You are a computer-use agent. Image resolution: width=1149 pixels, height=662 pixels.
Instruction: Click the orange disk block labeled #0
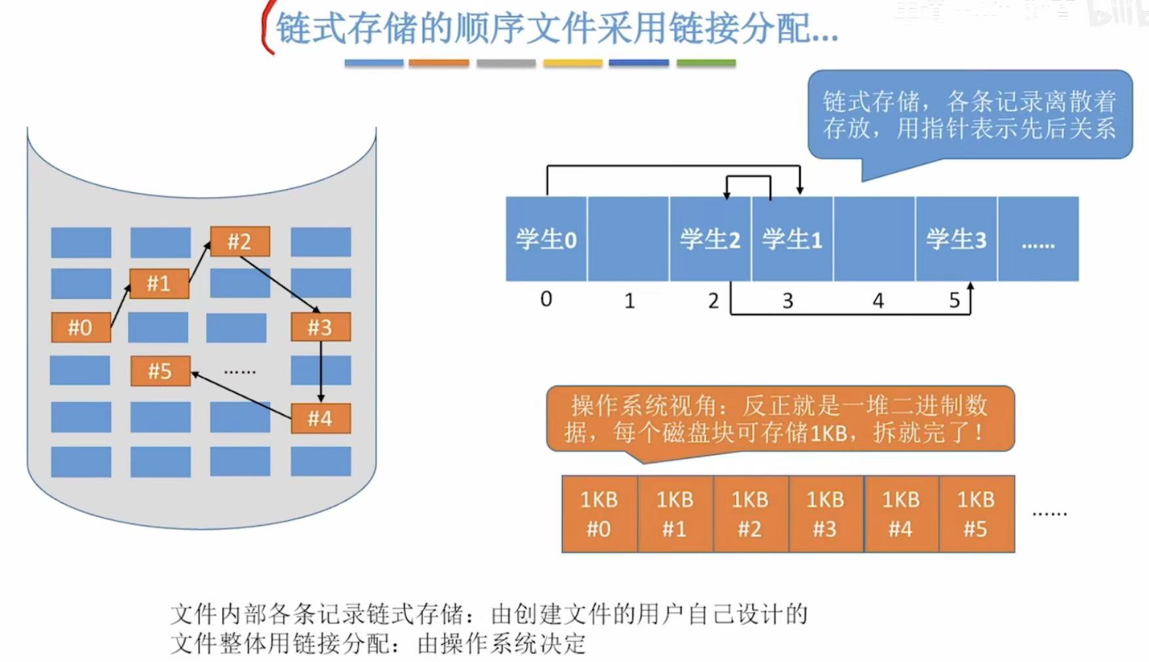(81, 327)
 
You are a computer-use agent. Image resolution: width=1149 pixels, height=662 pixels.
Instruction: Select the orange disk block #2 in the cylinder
(239, 241)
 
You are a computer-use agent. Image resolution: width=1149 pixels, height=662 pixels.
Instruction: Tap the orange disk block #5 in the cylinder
(160, 371)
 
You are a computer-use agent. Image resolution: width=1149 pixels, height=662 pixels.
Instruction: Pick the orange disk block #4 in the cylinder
(320, 419)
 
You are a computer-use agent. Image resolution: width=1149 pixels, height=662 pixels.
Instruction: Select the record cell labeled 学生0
(546, 239)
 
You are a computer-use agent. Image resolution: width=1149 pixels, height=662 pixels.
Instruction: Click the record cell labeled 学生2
(710, 239)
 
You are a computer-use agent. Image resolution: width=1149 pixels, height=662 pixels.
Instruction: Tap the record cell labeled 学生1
(792, 239)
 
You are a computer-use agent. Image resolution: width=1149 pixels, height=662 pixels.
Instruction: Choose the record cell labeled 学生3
(956, 239)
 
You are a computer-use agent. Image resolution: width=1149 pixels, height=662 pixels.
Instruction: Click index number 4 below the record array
(878, 301)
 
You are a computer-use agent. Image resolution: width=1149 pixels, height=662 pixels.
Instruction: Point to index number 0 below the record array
(546, 299)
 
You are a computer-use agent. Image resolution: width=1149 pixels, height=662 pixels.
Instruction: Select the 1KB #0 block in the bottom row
(599, 514)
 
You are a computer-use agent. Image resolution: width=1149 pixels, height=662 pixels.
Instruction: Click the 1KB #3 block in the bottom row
(825, 514)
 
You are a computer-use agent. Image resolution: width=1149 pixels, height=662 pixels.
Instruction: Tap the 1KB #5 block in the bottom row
(976, 514)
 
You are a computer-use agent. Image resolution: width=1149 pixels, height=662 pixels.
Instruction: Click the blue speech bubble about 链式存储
(969, 115)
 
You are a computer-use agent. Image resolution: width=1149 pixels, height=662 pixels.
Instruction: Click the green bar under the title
(706, 63)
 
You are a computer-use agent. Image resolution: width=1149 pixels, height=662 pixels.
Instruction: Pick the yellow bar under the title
(573, 63)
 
